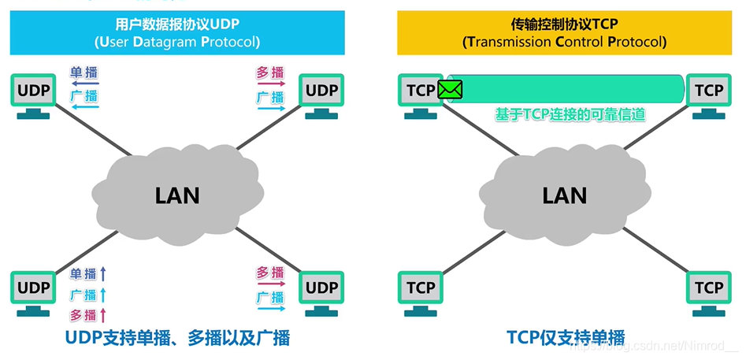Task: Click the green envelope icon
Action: (x=450, y=90)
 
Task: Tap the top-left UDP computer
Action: (x=33, y=92)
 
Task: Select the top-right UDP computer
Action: (x=321, y=92)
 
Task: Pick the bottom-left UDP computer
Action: (x=33, y=289)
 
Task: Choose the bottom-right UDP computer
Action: (x=321, y=289)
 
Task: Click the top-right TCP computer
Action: (x=709, y=92)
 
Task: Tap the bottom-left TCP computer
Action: (x=421, y=289)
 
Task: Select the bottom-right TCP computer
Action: (x=709, y=289)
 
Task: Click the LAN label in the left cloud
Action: (x=176, y=195)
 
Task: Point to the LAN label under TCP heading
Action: (x=564, y=195)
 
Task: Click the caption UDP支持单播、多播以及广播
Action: (x=177, y=339)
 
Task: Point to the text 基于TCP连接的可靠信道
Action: (x=570, y=115)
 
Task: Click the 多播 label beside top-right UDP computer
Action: (x=269, y=73)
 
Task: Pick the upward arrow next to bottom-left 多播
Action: (x=102, y=315)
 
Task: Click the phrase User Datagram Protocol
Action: (x=177, y=42)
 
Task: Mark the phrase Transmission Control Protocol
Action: (x=565, y=42)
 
